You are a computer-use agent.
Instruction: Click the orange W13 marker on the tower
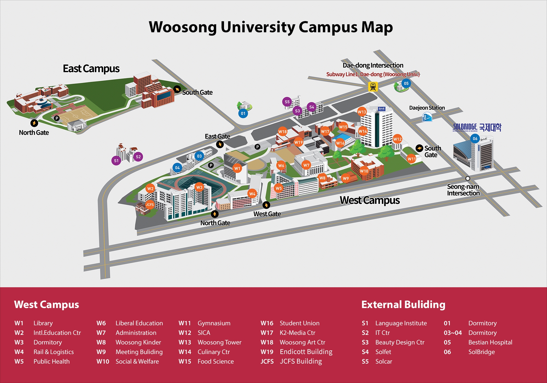pyautogui.click(x=362, y=112)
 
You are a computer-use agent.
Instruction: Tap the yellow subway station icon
pyautogui.click(x=373, y=86)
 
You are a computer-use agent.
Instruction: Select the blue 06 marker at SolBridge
pyautogui.click(x=475, y=139)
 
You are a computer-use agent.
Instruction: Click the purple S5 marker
pyautogui.click(x=287, y=102)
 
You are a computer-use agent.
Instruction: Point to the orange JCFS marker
pyautogui.click(x=150, y=205)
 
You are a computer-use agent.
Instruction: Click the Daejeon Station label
pyautogui.click(x=427, y=108)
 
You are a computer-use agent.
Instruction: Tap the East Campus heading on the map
pyautogui.click(x=91, y=69)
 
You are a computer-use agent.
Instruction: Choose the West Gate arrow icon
pyautogui.click(x=266, y=205)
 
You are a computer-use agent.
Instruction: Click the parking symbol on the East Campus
pyautogui.click(x=57, y=118)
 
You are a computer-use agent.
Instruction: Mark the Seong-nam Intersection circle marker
pyautogui.click(x=468, y=178)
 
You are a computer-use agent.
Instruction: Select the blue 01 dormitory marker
pyautogui.click(x=243, y=113)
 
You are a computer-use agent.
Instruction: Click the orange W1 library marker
pyautogui.click(x=237, y=168)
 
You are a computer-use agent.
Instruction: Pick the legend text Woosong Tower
pyautogui.click(x=219, y=342)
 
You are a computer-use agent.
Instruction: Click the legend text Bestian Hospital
pyautogui.click(x=490, y=342)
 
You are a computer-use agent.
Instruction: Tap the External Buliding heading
pyautogui.click(x=403, y=304)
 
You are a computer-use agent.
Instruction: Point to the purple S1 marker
pyautogui.click(x=116, y=161)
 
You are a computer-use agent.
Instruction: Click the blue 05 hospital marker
pyautogui.click(x=406, y=83)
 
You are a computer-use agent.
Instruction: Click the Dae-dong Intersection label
pyautogui.click(x=373, y=65)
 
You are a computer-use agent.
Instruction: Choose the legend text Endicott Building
pyautogui.click(x=306, y=352)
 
